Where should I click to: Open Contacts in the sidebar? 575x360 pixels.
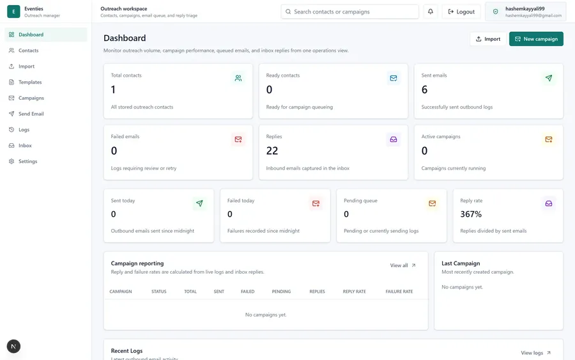click(x=28, y=51)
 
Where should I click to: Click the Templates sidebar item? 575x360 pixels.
click(x=30, y=82)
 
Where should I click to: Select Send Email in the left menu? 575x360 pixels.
click(x=31, y=114)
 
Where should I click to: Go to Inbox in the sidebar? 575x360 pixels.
click(x=25, y=145)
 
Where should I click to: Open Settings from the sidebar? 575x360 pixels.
click(x=27, y=161)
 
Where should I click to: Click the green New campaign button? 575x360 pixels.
click(x=536, y=39)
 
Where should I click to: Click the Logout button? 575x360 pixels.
click(x=461, y=12)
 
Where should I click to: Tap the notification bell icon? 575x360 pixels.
click(x=431, y=12)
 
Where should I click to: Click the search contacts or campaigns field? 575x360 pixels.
click(x=349, y=12)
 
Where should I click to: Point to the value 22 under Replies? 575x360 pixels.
click(x=272, y=151)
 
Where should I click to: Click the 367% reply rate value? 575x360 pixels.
click(x=471, y=214)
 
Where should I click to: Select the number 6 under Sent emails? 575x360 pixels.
click(x=425, y=90)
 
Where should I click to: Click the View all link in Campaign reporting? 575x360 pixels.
click(x=402, y=265)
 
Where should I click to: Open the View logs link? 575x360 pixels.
click(x=536, y=353)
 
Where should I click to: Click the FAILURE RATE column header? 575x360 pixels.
click(x=399, y=292)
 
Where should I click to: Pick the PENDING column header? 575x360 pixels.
click(x=281, y=292)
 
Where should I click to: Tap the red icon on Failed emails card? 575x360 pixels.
click(x=238, y=139)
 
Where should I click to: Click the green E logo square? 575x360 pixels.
click(x=13, y=12)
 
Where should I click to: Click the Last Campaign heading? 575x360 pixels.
click(x=461, y=263)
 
